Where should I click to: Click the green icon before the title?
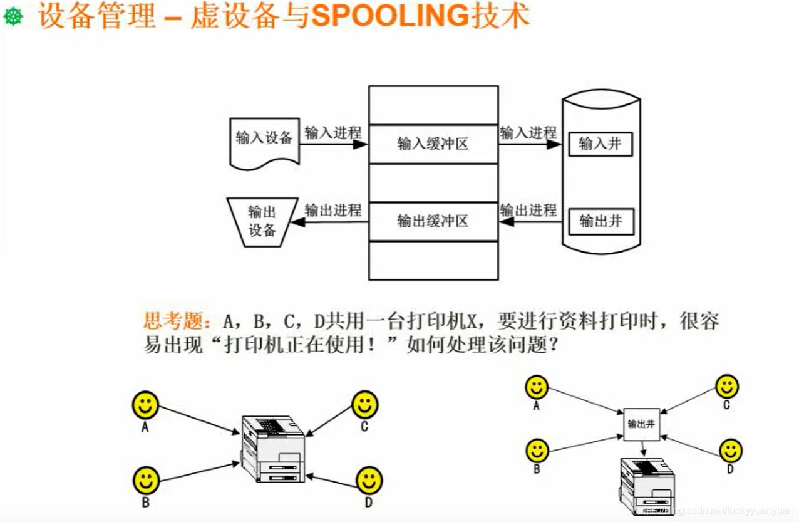pyautogui.click(x=13, y=17)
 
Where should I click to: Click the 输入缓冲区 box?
pyautogui.click(x=433, y=144)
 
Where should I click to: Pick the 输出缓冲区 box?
pyautogui.click(x=433, y=221)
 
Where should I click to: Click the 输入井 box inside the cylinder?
pyautogui.click(x=600, y=144)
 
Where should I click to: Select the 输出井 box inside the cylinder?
pyautogui.click(x=600, y=221)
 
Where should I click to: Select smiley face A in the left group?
pyautogui.click(x=145, y=405)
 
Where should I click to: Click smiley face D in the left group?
pyautogui.click(x=368, y=481)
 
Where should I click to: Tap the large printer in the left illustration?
pyautogui.click(x=273, y=447)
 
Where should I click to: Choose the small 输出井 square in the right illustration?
pyautogui.click(x=642, y=424)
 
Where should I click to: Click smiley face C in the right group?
pyautogui.click(x=726, y=386)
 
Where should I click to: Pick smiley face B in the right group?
pyautogui.click(x=537, y=450)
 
